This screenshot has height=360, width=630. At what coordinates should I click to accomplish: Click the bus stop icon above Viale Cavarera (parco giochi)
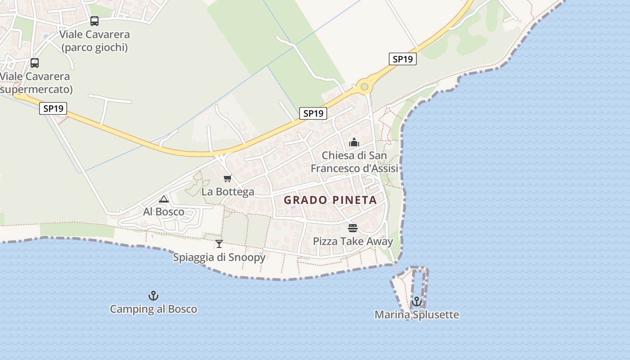point(94,21)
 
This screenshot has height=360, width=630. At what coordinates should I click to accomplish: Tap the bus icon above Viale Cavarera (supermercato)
point(35,63)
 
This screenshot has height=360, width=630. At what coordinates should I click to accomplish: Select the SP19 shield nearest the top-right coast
point(402,59)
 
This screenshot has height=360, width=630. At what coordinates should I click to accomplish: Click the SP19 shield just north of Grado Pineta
point(313,113)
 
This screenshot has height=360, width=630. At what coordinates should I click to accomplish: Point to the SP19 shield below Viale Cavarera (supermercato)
point(53,108)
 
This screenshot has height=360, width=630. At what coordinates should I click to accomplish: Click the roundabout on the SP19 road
point(364,86)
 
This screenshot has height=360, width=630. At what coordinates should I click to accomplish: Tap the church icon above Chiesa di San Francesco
point(354,143)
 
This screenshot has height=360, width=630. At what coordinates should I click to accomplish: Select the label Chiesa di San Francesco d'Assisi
point(355,162)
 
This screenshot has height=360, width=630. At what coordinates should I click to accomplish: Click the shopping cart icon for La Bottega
point(228,179)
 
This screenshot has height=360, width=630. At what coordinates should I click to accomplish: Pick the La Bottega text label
point(228,192)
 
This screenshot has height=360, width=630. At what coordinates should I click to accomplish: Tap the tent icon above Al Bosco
point(164,199)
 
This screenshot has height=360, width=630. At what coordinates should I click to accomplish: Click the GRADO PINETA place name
point(330,200)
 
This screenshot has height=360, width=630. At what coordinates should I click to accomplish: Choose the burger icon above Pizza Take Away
point(353,228)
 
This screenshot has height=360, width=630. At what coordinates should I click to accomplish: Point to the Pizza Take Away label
point(353,241)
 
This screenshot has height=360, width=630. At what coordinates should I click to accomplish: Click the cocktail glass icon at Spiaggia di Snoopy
point(219,244)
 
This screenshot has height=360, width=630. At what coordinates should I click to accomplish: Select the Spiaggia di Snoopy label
point(219,257)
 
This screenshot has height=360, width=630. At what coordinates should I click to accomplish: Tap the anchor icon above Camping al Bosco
point(153,296)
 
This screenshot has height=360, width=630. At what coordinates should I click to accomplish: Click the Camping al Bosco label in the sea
point(153,309)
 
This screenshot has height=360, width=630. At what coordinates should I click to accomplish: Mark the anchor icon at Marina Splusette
point(417,301)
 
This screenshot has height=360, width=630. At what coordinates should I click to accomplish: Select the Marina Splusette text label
point(417,315)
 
